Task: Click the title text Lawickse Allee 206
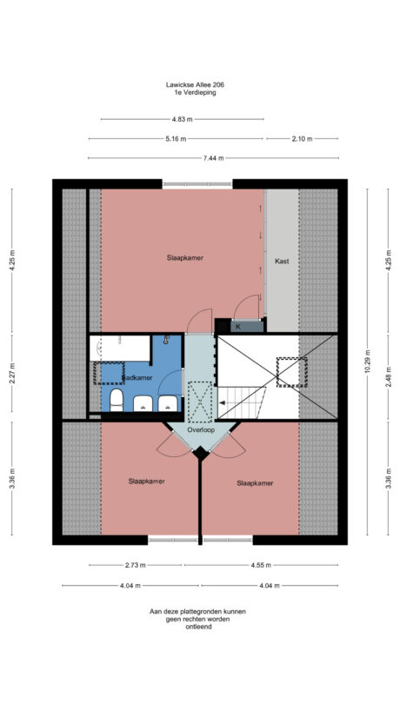point(200,85)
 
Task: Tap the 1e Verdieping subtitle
point(200,93)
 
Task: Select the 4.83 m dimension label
point(181,119)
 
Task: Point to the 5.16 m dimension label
point(175,139)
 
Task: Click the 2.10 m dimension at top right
point(302,139)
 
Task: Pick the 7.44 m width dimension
point(214,158)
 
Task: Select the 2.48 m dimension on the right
point(388,378)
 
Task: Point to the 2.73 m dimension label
point(135,565)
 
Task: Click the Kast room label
point(282,261)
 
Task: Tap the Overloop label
point(200,429)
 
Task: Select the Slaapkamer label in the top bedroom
point(186,257)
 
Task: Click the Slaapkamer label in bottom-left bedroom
point(146,481)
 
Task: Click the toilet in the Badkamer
point(116,400)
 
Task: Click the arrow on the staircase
point(223,402)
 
